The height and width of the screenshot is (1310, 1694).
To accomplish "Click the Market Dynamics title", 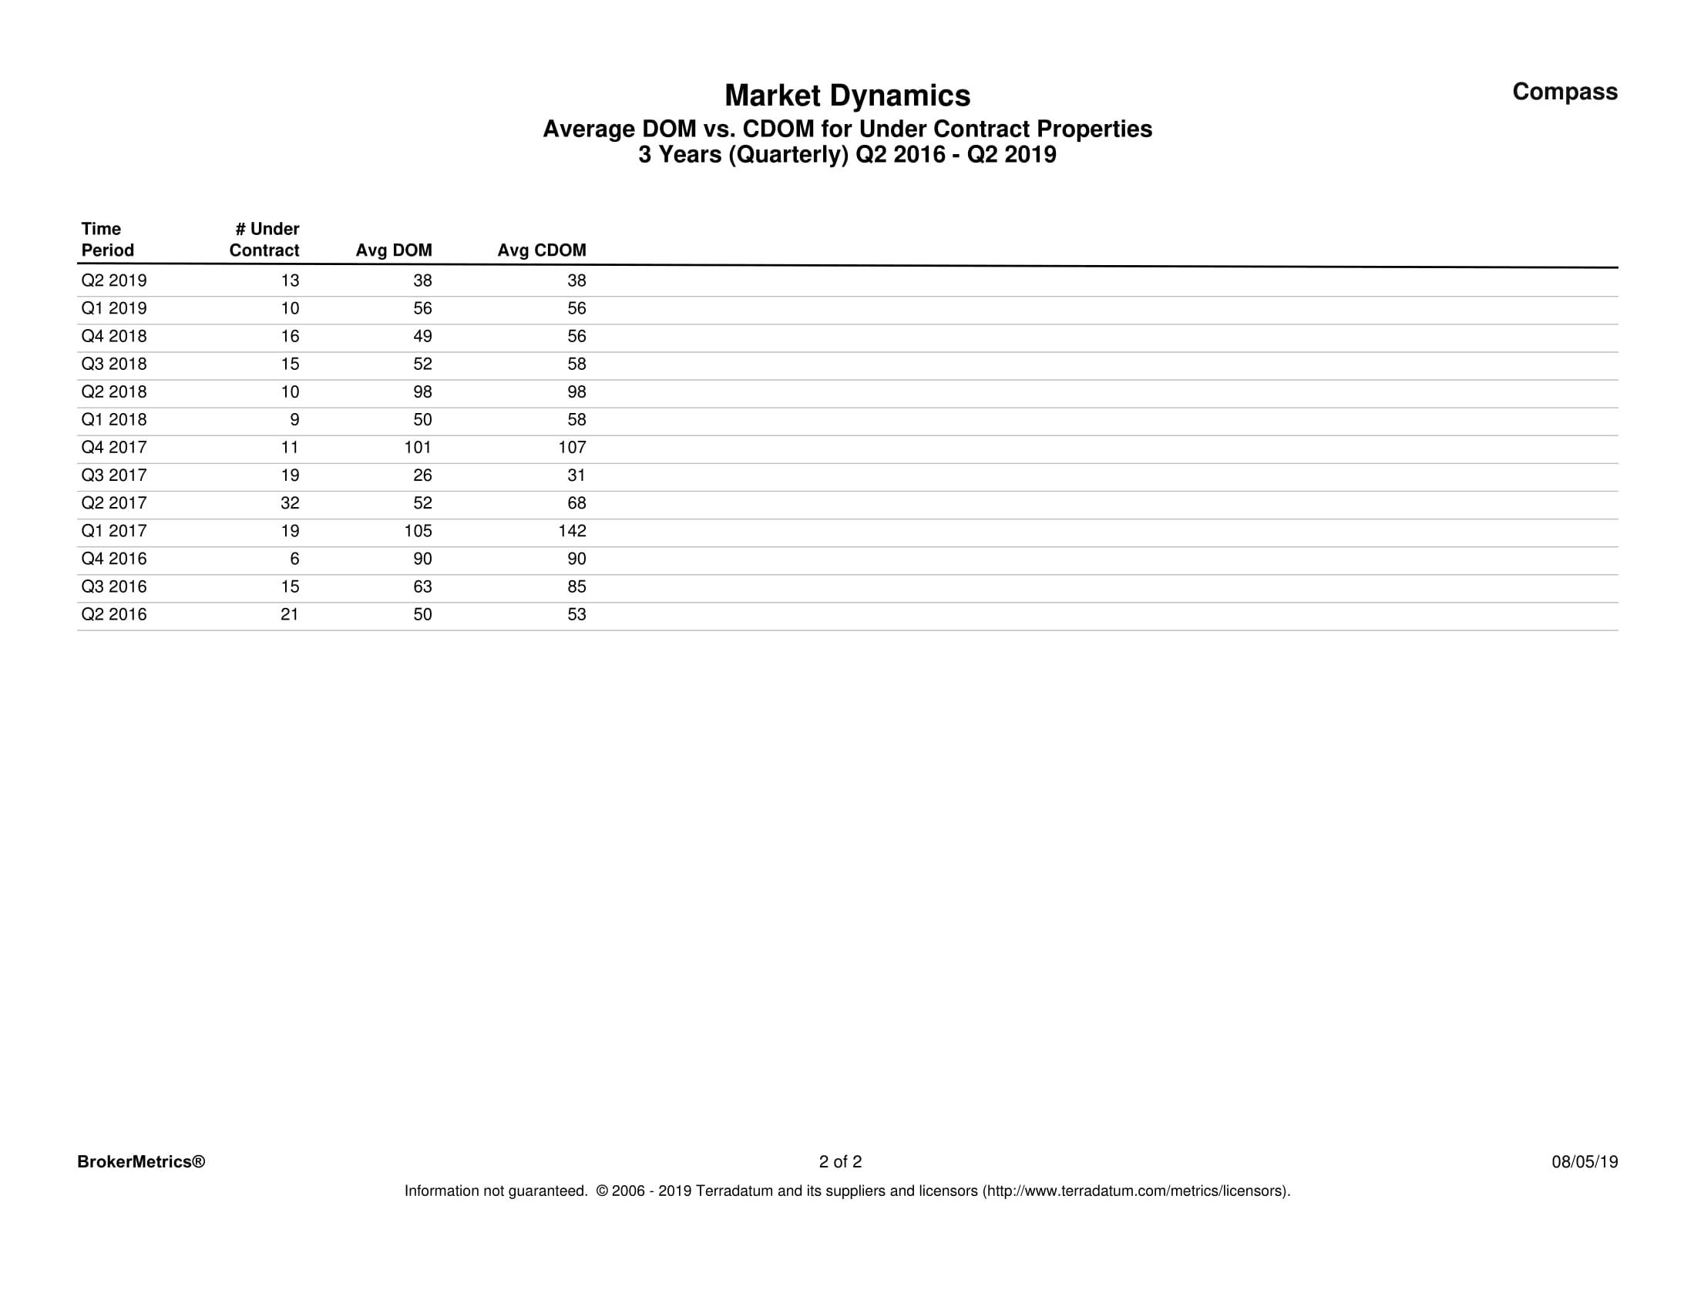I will [x=847, y=96].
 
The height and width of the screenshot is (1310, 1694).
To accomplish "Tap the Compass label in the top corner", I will [x=1565, y=92].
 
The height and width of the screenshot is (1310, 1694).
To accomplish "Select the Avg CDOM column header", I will [x=541, y=250].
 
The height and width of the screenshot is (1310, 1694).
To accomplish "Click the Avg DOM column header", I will [x=393, y=250].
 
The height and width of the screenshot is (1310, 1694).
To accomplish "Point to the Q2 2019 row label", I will [x=114, y=280].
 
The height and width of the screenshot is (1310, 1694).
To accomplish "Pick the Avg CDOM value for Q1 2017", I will [x=573, y=531].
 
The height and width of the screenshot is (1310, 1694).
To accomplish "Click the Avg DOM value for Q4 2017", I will [x=417, y=448].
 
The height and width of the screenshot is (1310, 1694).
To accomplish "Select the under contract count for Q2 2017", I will [x=289, y=503].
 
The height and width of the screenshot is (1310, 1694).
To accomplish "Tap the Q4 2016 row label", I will [x=114, y=559].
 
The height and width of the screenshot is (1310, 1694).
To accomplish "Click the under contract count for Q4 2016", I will [x=294, y=559].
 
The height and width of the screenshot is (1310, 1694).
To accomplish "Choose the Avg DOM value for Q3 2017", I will [x=422, y=475].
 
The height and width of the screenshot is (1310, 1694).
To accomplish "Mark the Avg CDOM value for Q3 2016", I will [x=576, y=587].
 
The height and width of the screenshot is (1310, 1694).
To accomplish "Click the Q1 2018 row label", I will [x=114, y=420].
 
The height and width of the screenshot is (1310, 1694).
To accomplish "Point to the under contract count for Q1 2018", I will [x=294, y=420].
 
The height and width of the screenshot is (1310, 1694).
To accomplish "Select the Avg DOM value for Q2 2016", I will [x=422, y=615].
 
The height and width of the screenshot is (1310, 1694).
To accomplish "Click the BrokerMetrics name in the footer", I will [x=141, y=1162].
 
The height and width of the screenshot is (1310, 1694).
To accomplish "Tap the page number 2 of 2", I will [x=840, y=1162].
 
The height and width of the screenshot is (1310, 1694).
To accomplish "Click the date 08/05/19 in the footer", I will [x=1585, y=1162].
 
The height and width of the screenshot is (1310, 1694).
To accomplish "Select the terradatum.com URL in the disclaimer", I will [x=1137, y=1191].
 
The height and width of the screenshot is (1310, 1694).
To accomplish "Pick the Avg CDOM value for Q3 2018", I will [x=576, y=364].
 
